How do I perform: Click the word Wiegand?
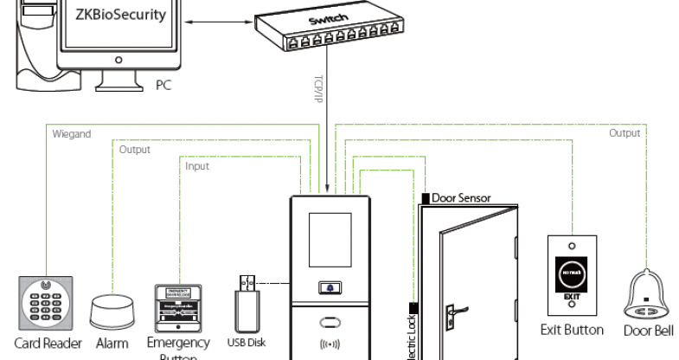point(72,134)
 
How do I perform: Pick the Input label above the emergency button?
point(197,165)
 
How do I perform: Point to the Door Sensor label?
point(461,198)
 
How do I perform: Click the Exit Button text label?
point(572,329)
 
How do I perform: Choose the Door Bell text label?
point(648,330)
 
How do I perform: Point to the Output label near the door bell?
point(625,133)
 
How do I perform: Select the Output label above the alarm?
point(134,150)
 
